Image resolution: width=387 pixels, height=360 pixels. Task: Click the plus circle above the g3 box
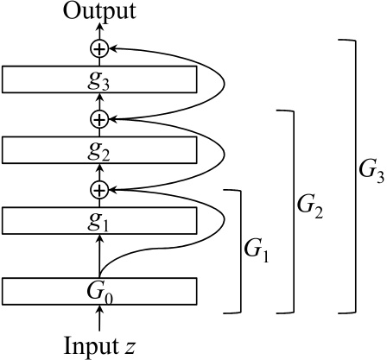click(100, 48)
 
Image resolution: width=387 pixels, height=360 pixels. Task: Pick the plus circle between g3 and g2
click(100, 118)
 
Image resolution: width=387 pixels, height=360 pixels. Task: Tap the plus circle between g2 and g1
click(100, 188)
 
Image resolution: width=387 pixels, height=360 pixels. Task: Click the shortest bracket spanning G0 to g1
click(237, 250)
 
